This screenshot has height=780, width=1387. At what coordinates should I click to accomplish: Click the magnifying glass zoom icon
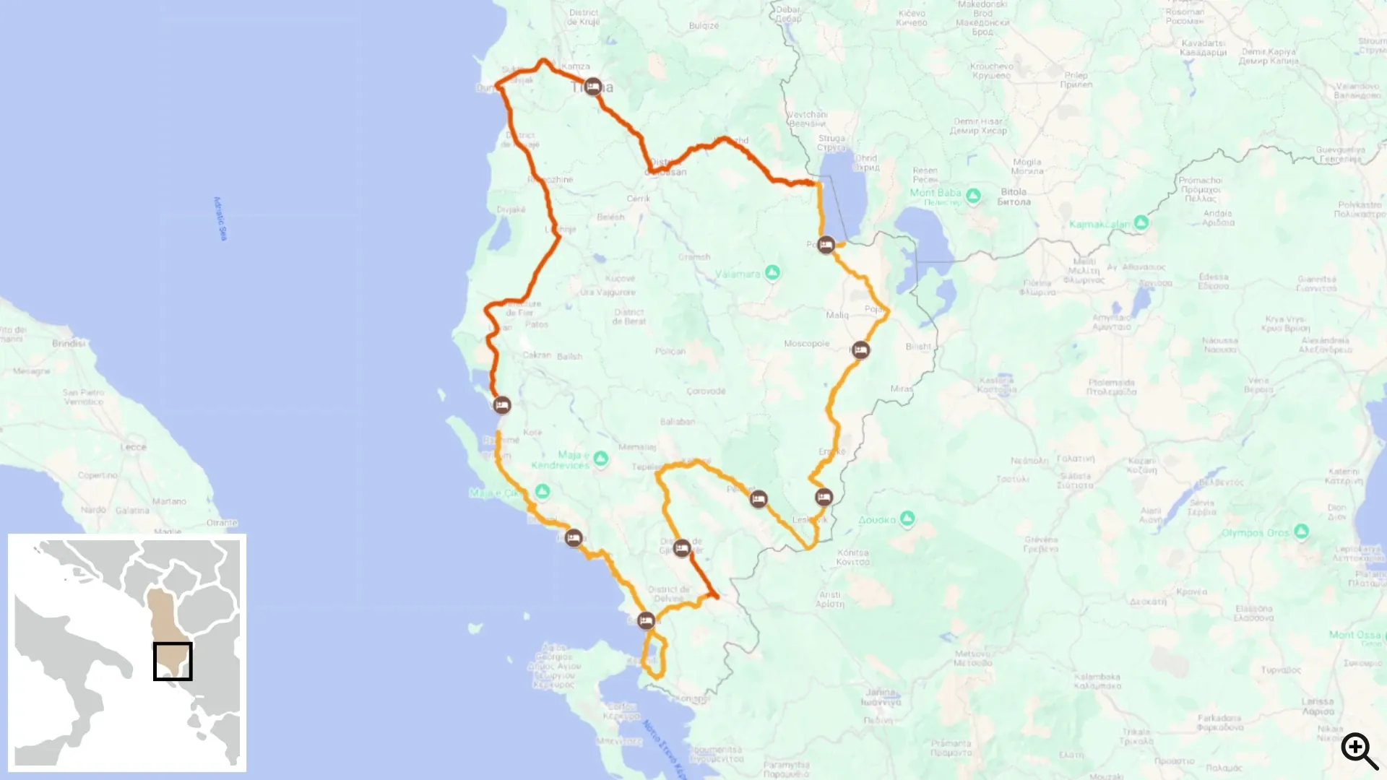pyautogui.click(x=1360, y=751)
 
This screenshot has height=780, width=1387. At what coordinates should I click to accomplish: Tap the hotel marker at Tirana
pyautogui.click(x=593, y=87)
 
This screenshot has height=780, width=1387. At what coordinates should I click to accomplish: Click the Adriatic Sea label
pyautogui.click(x=220, y=218)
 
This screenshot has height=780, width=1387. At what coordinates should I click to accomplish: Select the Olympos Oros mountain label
pyautogui.click(x=1255, y=533)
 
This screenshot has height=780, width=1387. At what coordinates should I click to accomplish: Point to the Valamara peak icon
pyautogui.click(x=772, y=272)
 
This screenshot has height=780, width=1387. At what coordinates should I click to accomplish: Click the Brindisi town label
pyautogui.click(x=69, y=343)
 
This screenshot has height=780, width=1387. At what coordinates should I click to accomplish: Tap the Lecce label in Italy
pyautogui.click(x=133, y=447)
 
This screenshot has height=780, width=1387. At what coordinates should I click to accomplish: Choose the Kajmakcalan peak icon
pyautogui.click(x=1141, y=222)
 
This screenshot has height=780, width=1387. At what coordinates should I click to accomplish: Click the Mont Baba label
pyautogui.click(x=935, y=193)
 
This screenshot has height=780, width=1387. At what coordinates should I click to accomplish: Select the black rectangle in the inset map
pyautogui.click(x=173, y=661)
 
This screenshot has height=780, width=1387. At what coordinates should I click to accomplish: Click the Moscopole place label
pyautogui.click(x=806, y=344)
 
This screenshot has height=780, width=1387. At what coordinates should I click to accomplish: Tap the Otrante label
pyautogui.click(x=222, y=523)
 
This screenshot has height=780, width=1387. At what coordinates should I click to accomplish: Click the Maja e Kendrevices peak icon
pyautogui.click(x=600, y=458)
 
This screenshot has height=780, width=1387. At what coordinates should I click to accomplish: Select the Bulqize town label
pyautogui.click(x=704, y=26)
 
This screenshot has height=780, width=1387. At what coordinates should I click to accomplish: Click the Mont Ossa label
pyautogui.click(x=1354, y=635)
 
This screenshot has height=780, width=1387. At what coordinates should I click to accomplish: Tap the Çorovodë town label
pyautogui.click(x=706, y=391)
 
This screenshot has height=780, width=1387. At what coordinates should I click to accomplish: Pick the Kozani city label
pyautogui.click(x=1141, y=465)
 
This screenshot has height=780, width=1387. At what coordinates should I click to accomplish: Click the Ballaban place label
pyautogui.click(x=677, y=422)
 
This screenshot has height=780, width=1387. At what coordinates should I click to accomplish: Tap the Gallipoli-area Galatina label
pyautogui.click(x=132, y=511)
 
